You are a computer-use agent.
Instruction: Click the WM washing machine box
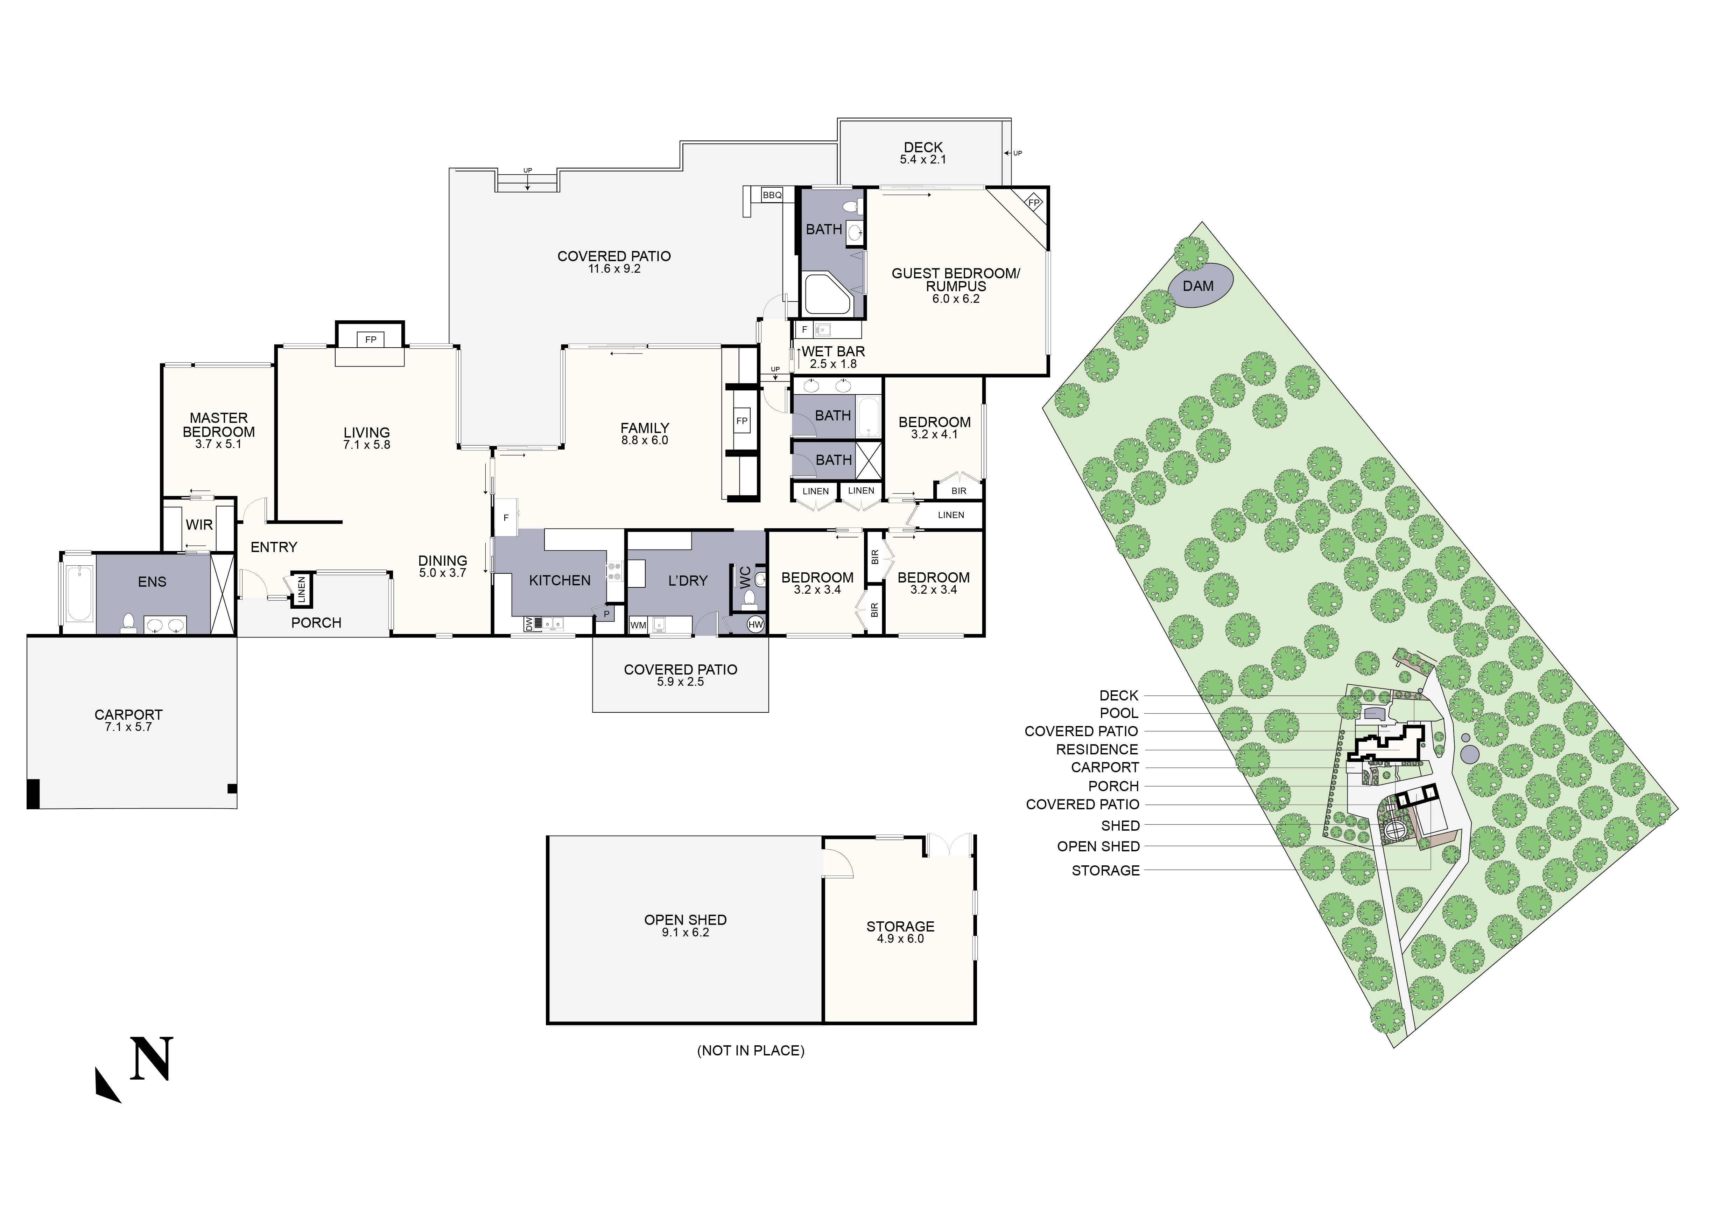click(x=638, y=625)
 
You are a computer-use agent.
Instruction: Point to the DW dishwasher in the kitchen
click(x=528, y=624)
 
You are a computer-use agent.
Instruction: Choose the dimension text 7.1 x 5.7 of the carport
click(x=128, y=727)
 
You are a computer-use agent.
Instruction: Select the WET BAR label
click(x=832, y=351)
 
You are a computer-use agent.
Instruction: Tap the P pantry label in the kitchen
click(x=606, y=613)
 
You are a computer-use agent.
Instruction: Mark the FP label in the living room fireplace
click(x=371, y=340)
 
